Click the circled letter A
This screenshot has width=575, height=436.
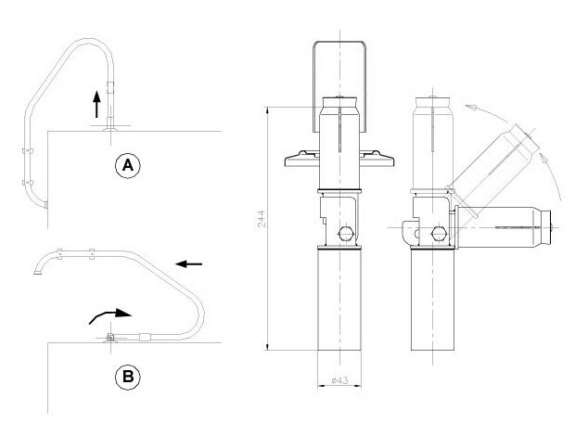click(128, 166)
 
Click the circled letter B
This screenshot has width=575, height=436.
click(128, 377)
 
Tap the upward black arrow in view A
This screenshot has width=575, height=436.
click(96, 104)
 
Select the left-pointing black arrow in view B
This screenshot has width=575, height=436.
click(188, 263)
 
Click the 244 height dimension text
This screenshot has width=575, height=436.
click(262, 219)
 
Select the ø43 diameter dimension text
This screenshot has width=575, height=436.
click(339, 380)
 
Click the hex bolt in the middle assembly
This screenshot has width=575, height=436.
click(346, 234)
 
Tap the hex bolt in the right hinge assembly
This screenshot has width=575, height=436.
click(439, 234)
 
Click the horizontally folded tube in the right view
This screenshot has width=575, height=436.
click(503, 227)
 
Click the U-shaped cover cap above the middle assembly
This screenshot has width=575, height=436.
click(339, 86)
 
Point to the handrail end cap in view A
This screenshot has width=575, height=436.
click(45, 205)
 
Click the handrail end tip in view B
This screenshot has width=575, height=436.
click(37, 272)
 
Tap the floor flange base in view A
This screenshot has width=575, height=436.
click(110, 128)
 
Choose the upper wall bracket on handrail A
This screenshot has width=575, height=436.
click(28, 150)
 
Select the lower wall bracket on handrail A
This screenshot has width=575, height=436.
click(28, 182)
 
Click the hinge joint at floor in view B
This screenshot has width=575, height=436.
click(110, 337)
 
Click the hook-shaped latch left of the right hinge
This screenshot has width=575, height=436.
click(410, 233)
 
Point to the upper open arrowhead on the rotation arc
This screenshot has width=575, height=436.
click(470, 107)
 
